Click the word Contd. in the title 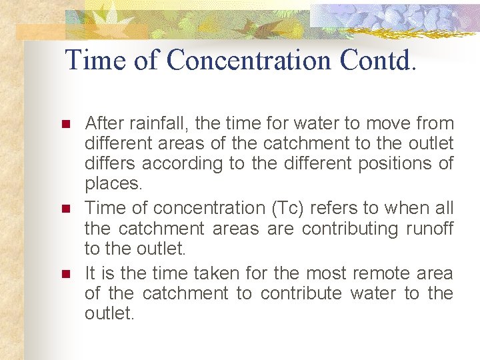[378, 60]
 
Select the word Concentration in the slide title [249, 60]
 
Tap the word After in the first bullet [101, 123]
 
